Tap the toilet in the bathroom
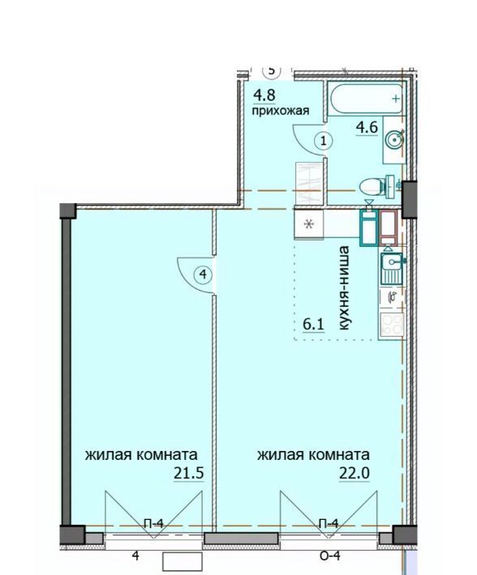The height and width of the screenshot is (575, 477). coord(377,187)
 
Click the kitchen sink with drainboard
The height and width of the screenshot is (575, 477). coord(392,269)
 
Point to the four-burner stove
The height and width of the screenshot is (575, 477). coord(392,325)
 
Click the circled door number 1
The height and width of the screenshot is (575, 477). coord(324,140)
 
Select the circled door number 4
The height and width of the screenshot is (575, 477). coord(203,274)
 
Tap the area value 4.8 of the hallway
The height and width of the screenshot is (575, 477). coord(264,96)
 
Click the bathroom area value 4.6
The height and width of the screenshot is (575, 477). coord(367,128)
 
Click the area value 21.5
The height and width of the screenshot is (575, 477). coord(189,474)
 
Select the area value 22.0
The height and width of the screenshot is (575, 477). coord(355,474)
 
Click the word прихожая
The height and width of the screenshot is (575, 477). coord(281,110)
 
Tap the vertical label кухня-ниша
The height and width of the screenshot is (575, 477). coord(344,288)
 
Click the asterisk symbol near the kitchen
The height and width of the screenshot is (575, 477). coord(309,224)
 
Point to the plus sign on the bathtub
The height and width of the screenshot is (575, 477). coord(396,98)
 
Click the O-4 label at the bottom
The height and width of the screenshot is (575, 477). coord(330,556)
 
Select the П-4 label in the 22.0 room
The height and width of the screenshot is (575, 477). coord(329,524)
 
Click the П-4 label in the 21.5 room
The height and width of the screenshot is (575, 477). coord(153,524)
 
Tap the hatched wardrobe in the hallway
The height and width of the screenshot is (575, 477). coord(310,183)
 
